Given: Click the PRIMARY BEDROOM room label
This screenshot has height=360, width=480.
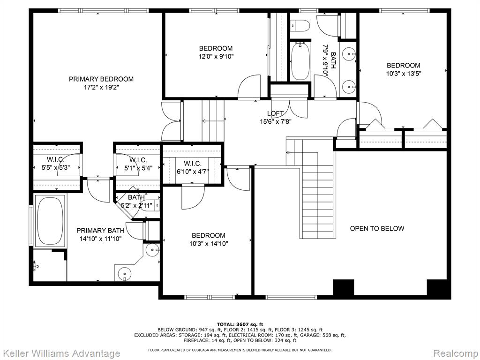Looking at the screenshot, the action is (x=101, y=79).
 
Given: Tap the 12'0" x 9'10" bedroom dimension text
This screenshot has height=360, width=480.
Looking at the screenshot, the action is (x=216, y=56).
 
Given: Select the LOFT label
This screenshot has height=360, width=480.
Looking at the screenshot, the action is (x=275, y=113).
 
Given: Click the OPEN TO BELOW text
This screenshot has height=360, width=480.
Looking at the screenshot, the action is (x=377, y=228).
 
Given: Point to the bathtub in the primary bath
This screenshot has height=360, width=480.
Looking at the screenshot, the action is (x=50, y=221).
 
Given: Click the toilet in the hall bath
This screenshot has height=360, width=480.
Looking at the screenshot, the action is (x=300, y=25).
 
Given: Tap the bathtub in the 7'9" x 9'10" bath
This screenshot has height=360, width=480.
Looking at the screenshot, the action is (x=300, y=61).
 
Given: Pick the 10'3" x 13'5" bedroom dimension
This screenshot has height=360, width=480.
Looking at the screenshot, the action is (x=404, y=74).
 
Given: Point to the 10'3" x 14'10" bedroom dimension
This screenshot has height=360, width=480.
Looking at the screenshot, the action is (x=209, y=244).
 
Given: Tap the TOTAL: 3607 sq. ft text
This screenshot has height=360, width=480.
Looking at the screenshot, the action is (x=240, y=324).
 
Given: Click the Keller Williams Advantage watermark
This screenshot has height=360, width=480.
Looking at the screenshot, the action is (x=60, y=353).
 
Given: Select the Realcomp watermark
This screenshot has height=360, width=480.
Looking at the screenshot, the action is (x=456, y=353).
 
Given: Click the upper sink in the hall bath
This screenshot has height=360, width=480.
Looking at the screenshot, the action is (x=349, y=54).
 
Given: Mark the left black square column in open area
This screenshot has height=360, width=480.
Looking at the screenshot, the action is (x=344, y=287).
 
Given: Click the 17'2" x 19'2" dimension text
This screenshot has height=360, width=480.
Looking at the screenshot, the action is (x=101, y=87).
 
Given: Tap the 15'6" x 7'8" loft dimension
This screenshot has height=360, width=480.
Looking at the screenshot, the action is (x=275, y=121).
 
